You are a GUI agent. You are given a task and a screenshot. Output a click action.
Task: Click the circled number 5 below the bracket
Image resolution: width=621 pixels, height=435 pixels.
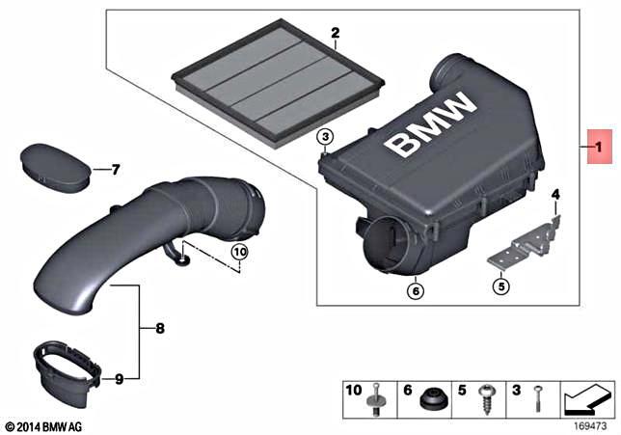[500, 285]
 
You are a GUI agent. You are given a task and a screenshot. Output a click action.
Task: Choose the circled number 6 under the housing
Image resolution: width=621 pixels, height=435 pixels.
[415, 286]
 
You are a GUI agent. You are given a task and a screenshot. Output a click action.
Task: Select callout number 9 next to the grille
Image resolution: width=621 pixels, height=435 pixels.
[119, 379]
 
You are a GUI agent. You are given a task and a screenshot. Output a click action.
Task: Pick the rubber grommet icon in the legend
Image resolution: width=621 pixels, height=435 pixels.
[431, 395]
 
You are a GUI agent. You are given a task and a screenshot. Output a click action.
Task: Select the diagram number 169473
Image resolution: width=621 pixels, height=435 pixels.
[591, 422]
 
